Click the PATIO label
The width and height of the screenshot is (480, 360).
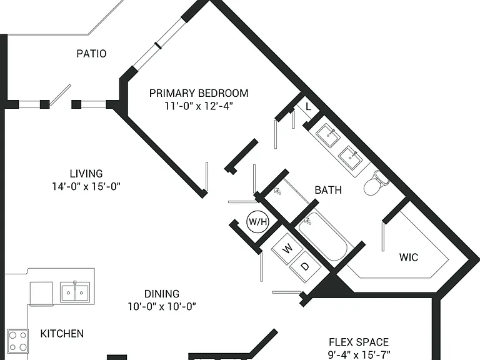click(91, 54)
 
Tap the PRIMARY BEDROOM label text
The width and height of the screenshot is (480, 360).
click(199, 93)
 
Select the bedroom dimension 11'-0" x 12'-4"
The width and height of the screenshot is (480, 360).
click(199, 106)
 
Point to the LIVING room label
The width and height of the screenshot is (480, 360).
click(86, 174)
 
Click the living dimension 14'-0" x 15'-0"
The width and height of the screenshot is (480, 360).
click(86, 186)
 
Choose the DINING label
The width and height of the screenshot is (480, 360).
click(162, 294)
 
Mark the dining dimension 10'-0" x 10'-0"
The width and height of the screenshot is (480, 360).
click(162, 306)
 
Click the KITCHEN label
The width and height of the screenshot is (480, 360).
click(62, 333)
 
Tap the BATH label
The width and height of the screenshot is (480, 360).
click(328, 190)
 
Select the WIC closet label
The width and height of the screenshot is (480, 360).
click(409, 257)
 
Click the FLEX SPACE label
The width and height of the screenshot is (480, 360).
click(359, 342)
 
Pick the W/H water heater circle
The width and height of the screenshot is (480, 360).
click(257, 221)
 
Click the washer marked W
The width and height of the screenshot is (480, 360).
click(287, 249)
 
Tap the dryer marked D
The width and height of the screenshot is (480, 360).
click(305, 266)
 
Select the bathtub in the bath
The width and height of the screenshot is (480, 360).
click(322, 236)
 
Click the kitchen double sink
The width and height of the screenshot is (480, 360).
click(75, 292)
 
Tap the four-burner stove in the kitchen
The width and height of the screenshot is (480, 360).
click(17, 341)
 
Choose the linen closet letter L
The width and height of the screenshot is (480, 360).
click(309, 107)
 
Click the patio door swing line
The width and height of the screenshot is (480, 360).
click(60, 95)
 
